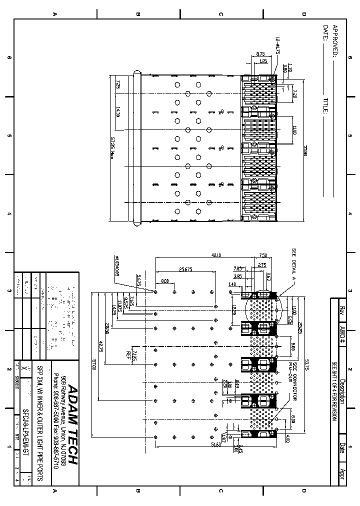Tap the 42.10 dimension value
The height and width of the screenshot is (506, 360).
[x=216, y=255]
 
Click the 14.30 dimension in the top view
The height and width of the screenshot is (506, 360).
[x=118, y=112]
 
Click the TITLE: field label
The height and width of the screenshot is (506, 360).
[x=325, y=105]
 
